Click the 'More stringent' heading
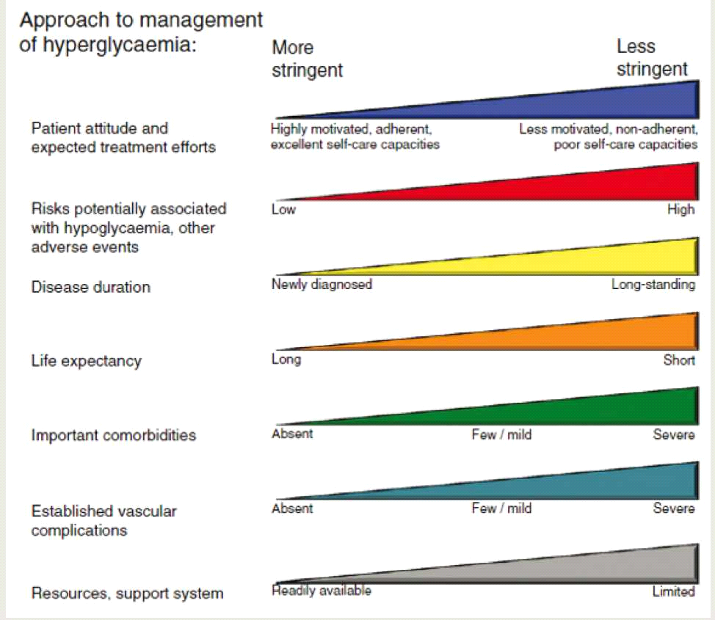(x=307, y=59)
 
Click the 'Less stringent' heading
(x=652, y=58)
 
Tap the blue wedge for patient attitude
(x=587, y=103)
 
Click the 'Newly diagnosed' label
(x=322, y=284)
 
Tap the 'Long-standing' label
(x=653, y=284)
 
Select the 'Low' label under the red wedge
(x=283, y=210)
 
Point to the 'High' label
(x=680, y=210)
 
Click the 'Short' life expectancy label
(x=679, y=360)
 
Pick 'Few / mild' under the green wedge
(x=501, y=434)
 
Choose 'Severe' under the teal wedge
(x=673, y=508)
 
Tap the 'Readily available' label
(x=322, y=591)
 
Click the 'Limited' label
(x=673, y=591)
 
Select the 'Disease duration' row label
(x=90, y=287)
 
